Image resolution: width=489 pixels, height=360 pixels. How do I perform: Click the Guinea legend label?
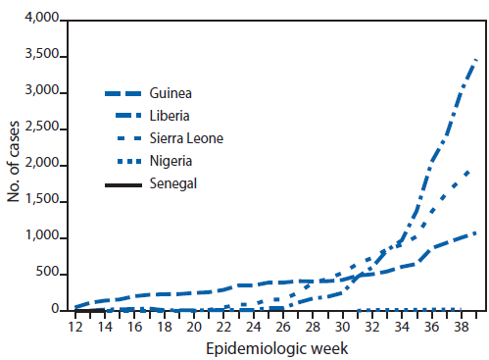point(171,94)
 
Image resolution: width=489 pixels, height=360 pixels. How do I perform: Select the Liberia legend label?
point(171,117)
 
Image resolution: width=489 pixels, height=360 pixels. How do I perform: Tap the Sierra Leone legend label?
point(187,138)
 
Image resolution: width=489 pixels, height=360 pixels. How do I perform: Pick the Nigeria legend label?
point(171,160)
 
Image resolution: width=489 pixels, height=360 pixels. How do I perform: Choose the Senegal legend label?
point(173,181)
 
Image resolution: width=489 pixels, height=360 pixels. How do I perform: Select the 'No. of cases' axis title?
point(14,165)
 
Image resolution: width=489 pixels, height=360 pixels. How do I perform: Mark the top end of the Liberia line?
point(476,60)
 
